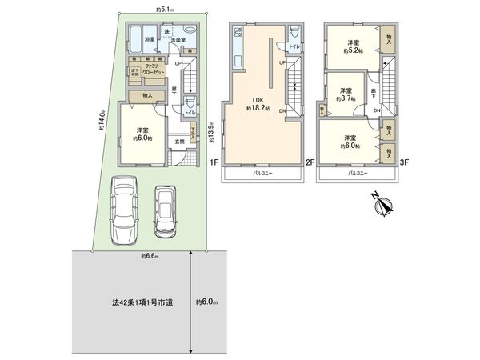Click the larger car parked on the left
[125, 210]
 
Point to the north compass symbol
[382, 206]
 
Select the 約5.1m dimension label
[166, 10]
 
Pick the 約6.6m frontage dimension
[148, 257]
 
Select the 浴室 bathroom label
[149, 38]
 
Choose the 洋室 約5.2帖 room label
[354, 46]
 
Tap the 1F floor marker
[214, 162]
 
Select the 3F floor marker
[405, 162]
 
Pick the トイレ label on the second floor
[294, 47]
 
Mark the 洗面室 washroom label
[178, 38]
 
